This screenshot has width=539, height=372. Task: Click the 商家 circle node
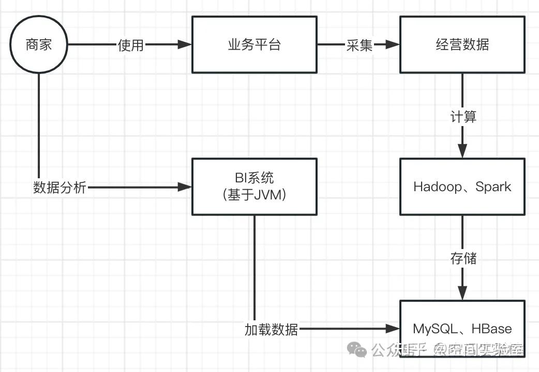pyautogui.click(x=39, y=44)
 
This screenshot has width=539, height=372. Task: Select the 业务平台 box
pyautogui.click(x=254, y=44)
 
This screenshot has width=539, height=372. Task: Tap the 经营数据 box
pyautogui.click(x=462, y=44)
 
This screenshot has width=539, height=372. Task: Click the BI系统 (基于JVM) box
pyautogui.click(x=254, y=187)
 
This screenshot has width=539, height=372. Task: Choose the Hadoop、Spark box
pyautogui.click(x=462, y=187)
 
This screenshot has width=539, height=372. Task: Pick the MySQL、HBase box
pyautogui.click(x=462, y=329)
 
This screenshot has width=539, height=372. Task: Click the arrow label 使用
pyautogui.click(x=130, y=45)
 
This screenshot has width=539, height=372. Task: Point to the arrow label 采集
pyautogui.click(x=359, y=45)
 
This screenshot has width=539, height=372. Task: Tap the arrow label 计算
pyautogui.click(x=462, y=116)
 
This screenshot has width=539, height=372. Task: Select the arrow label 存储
pyautogui.click(x=462, y=258)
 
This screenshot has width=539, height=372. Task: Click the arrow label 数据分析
pyautogui.click(x=59, y=187)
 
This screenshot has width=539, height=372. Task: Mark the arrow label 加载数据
pyautogui.click(x=271, y=329)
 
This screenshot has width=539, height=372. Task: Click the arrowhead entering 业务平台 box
pyautogui.click(x=185, y=45)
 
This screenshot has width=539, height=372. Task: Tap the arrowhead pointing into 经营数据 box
pyautogui.click(x=393, y=45)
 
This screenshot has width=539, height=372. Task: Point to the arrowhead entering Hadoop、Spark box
pyautogui.click(x=462, y=151)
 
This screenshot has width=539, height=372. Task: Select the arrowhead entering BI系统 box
pyautogui.click(x=185, y=187)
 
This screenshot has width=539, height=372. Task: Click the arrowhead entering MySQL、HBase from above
pyautogui.click(x=462, y=293)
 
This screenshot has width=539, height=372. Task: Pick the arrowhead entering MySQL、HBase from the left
pyautogui.click(x=393, y=329)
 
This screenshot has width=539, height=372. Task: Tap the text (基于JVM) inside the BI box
pyautogui.click(x=254, y=196)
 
